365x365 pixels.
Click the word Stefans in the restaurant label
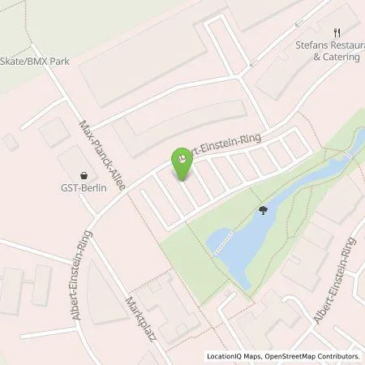(311, 47)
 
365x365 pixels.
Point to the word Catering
(334, 58)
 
